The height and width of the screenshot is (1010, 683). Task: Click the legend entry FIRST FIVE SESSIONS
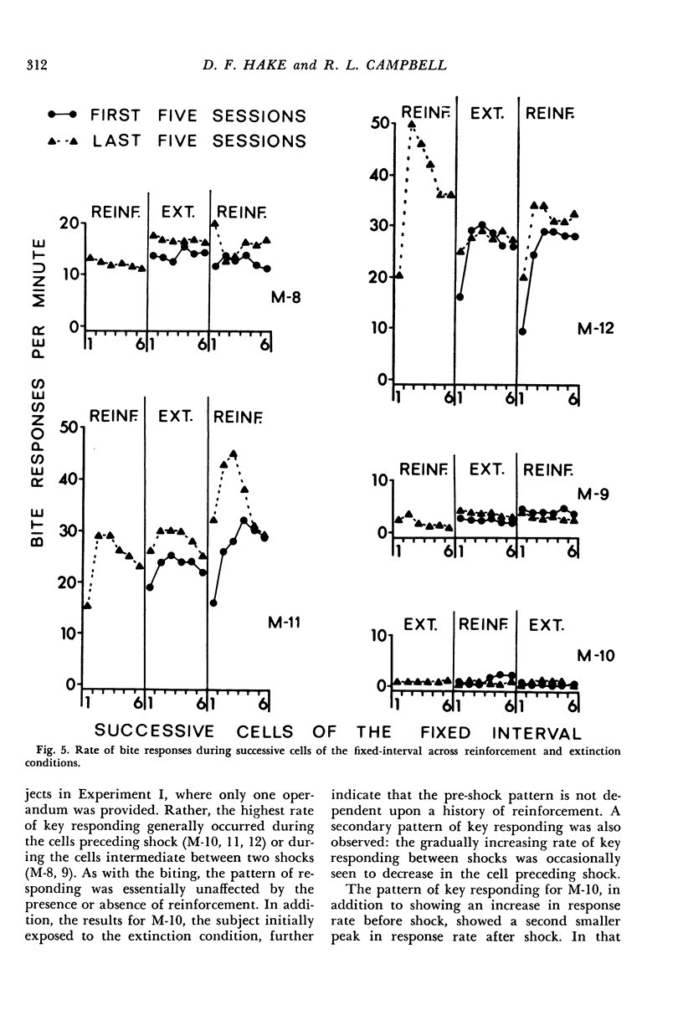[x=198, y=116]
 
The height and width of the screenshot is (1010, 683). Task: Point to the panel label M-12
[x=596, y=329]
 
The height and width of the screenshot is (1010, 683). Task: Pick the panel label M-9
[x=596, y=496]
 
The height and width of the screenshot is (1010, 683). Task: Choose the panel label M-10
[x=595, y=657]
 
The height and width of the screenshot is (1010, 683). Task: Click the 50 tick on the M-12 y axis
[x=382, y=124]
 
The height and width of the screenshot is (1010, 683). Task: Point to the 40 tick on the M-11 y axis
[x=66, y=479]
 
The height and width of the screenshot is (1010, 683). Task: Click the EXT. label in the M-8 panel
[x=177, y=215]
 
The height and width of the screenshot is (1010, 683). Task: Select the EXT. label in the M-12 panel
[x=485, y=111]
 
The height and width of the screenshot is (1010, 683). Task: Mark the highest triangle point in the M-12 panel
[x=411, y=125]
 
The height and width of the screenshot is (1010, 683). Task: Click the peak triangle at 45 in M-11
[x=234, y=454]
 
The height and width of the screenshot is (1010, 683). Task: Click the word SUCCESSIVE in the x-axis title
[x=151, y=734]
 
